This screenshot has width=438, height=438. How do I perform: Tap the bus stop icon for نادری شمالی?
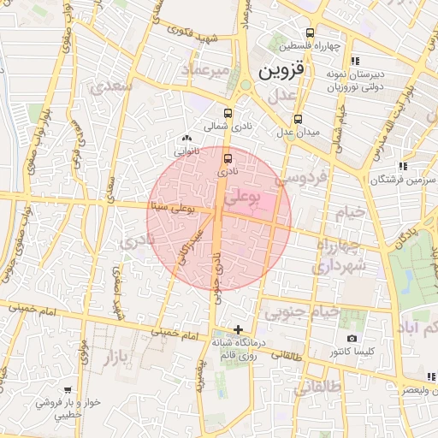point(228,113)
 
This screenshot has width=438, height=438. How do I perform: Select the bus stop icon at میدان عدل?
point(298,120)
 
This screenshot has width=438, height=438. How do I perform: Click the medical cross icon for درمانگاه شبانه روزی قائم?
point(238,329)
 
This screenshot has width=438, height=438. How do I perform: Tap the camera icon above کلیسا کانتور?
point(352,339)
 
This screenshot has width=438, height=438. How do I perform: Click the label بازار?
point(125,353)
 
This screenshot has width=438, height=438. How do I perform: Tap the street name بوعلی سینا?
point(172,206)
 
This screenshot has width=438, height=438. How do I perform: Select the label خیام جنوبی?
point(298,313)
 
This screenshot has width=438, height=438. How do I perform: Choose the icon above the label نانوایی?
point(186,138)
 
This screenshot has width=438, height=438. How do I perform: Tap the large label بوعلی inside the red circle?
point(243,198)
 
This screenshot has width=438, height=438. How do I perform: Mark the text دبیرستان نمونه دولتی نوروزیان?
point(354,80)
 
